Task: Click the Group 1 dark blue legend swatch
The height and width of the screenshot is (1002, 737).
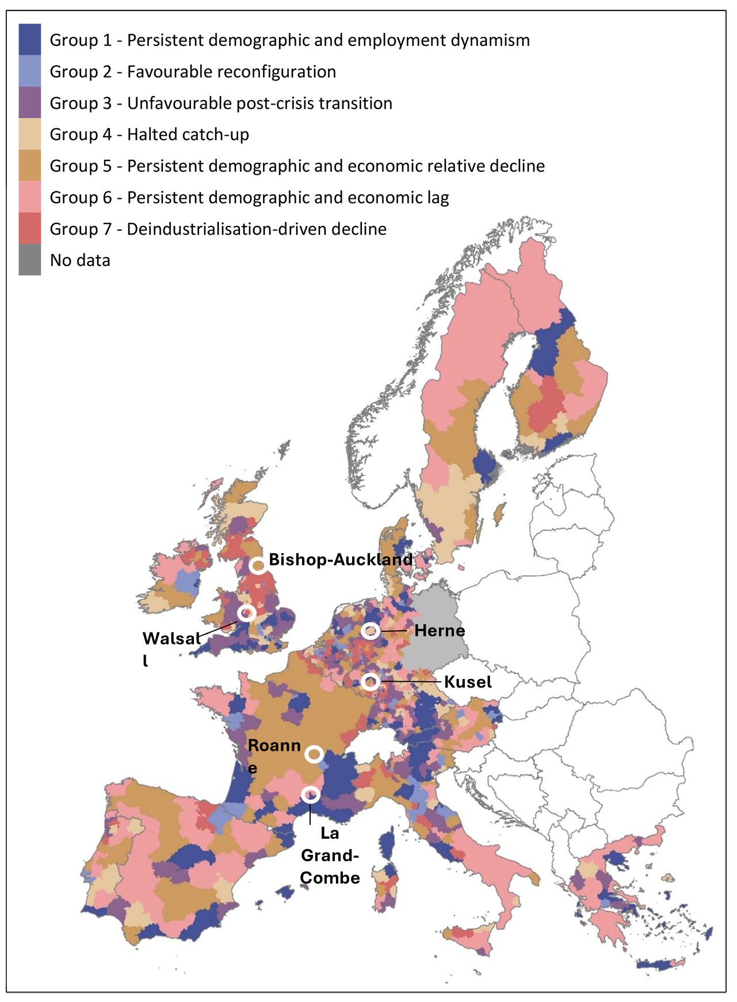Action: (29, 40)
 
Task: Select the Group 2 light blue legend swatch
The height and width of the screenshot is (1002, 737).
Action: (29, 71)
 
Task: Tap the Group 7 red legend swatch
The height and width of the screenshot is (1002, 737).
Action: (29, 228)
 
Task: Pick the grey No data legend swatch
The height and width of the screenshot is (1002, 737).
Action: (29, 260)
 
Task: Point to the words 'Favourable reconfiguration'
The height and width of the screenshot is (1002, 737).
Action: (231, 72)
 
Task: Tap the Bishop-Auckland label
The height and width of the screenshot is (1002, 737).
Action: (341, 559)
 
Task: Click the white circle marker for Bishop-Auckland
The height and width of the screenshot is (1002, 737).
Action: (258, 566)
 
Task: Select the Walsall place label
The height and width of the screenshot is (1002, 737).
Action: (171, 639)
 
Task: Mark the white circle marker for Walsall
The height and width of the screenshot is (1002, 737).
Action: (247, 613)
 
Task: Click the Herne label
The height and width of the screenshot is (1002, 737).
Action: (440, 631)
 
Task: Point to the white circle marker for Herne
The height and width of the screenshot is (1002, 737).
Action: (371, 631)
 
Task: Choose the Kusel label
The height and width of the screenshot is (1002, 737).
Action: (468, 682)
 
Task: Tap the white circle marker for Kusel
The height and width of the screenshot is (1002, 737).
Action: (371, 682)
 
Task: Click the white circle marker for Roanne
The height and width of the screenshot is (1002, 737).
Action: (314, 754)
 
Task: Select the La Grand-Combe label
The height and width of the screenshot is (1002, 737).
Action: (330, 855)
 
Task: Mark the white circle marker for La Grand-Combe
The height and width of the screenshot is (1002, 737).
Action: (311, 794)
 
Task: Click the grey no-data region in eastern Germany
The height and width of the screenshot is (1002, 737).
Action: (436, 632)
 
